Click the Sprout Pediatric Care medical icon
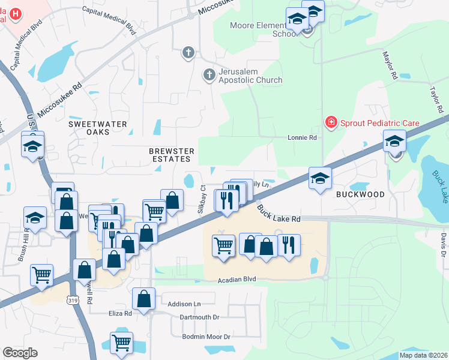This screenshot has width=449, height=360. pos(330,123)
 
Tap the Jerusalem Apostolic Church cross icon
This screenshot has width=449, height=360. pos(209,75)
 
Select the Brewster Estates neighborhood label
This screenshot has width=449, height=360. pos(172,155)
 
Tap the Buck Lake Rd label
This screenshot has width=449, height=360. pos(279,214)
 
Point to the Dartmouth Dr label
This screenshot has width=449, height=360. pos(200,317)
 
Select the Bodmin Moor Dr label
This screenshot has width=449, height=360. pos(206,337)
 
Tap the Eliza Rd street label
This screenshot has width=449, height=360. pos(119,314)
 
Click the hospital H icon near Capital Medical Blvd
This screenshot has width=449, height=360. pos(16,13)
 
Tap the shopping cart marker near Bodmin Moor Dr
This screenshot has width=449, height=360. pos(122,342)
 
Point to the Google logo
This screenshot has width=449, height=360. pos(20,353)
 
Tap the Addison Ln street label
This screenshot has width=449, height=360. pos(184,304)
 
